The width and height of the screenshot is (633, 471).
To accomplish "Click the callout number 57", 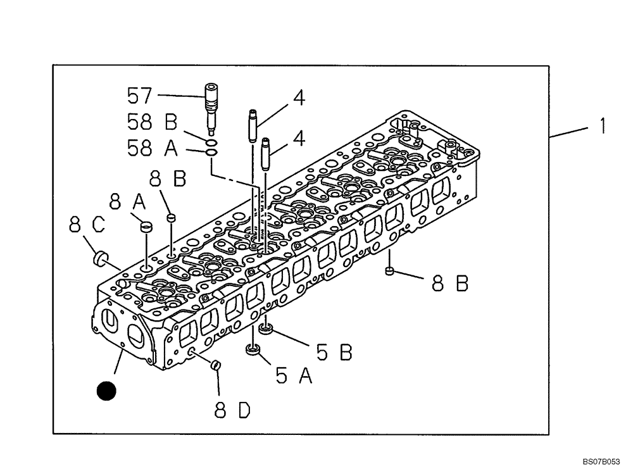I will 139,96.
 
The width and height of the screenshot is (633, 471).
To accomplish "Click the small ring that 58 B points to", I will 212,142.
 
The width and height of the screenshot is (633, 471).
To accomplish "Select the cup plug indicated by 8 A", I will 146,225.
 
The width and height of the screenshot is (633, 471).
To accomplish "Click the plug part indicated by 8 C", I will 99,258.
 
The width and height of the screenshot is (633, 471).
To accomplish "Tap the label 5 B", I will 334,352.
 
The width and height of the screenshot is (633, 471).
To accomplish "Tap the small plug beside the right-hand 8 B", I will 390,272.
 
